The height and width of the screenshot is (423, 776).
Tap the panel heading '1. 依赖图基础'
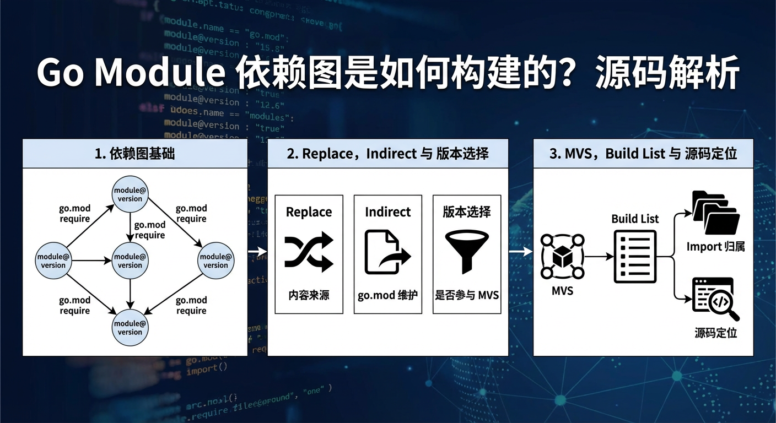pos(134,154)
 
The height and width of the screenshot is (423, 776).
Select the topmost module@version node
pos(130,194)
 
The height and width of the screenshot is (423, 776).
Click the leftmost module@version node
pos(53,261)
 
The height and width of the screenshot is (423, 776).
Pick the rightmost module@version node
pos(215,261)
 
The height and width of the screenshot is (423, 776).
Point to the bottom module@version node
pos(130,328)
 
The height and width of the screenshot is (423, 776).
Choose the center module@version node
pos(130,261)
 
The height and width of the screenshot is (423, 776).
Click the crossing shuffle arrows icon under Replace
pos(309,252)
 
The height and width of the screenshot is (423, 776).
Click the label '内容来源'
pos(309,295)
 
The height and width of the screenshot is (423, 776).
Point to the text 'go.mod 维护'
pos(387,295)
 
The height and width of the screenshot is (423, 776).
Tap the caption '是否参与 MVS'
pos(467,295)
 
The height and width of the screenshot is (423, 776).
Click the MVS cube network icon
pos(562,256)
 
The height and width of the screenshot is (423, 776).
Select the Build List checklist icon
pos(635,256)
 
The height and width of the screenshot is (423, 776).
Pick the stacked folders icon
pos(715,213)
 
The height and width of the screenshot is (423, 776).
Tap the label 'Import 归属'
pos(715,247)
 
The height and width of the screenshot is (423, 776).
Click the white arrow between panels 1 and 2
pos(257,251)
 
